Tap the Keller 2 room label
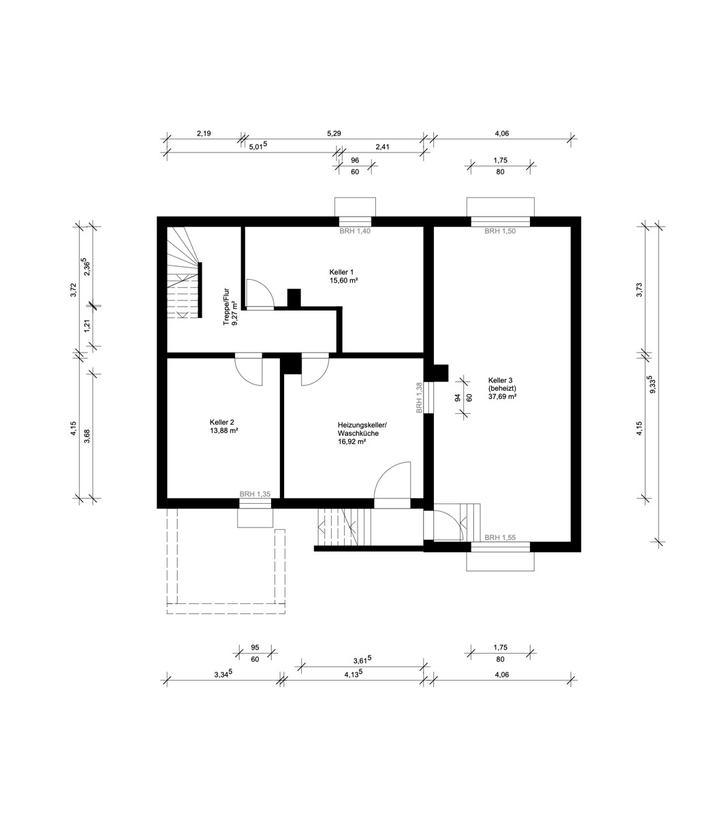[x=224, y=426]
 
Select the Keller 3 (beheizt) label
[x=502, y=388]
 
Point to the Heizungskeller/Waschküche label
[x=362, y=433]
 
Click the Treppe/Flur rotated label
[x=230, y=306]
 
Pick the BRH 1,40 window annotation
[x=355, y=231]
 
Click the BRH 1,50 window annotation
[x=500, y=231]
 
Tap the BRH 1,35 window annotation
[x=255, y=494]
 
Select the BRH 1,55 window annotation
[x=500, y=538]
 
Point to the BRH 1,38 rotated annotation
[x=419, y=398]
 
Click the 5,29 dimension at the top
[x=334, y=133]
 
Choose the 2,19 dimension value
[x=204, y=133]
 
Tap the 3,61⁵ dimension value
[x=362, y=660]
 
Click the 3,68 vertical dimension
[x=87, y=436]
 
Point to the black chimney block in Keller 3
[x=441, y=373]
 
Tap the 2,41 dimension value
[x=382, y=147]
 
